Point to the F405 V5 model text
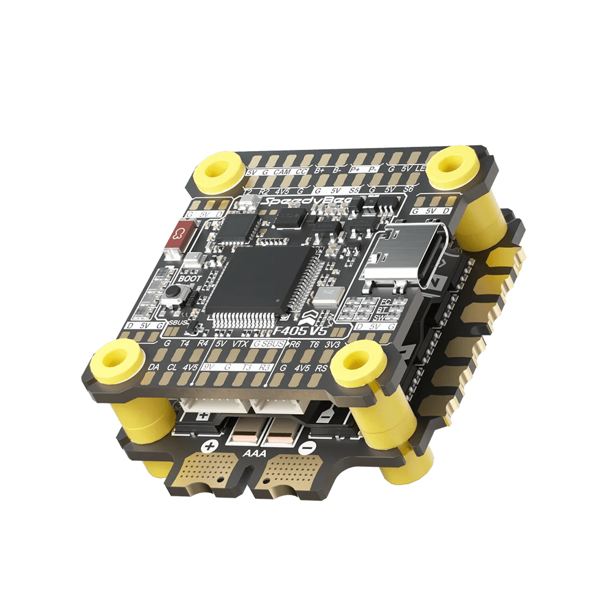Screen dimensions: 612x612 click(303, 331)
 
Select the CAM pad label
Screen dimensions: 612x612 click(282, 173)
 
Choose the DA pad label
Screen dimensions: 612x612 click(154, 367)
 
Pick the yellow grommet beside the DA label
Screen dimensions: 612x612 click(116, 359)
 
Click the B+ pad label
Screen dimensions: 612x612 click(321, 171)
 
